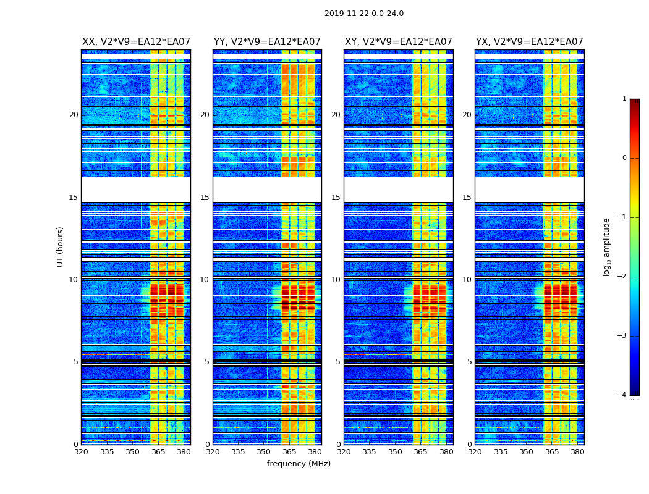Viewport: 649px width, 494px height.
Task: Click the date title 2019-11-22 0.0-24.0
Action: [x=363, y=14]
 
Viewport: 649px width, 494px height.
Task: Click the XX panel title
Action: [x=136, y=42]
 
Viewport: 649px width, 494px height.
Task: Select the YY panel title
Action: [x=267, y=42]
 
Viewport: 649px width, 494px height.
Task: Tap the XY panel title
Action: [x=398, y=42]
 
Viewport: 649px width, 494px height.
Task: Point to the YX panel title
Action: [x=529, y=42]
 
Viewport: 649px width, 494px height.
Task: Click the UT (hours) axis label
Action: [x=60, y=246]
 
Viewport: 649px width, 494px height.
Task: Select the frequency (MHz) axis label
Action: [x=299, y=464]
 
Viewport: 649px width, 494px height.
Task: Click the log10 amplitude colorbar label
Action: [x=606, y=246]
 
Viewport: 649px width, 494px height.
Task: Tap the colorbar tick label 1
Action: [x=624, y=99]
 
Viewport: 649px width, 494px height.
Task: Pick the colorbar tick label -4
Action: [x=622, y=395]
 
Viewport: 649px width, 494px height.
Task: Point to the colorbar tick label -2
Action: [x=622, y=277]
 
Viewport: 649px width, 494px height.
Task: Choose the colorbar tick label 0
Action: [x=624, y=158]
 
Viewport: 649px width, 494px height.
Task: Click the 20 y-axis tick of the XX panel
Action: [x=74, y=115]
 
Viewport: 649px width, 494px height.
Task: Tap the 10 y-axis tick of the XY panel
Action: [x=336, y=280]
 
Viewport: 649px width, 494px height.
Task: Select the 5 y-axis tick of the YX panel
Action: [x=469, y=362]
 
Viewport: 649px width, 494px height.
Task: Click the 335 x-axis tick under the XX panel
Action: [x=107, y=451]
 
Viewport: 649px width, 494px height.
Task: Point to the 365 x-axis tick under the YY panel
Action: [x=289, y=451]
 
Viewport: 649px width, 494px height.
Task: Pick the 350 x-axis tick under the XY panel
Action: [x=395, y=451]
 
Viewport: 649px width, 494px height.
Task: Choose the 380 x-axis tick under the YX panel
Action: [x=577, y=451]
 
